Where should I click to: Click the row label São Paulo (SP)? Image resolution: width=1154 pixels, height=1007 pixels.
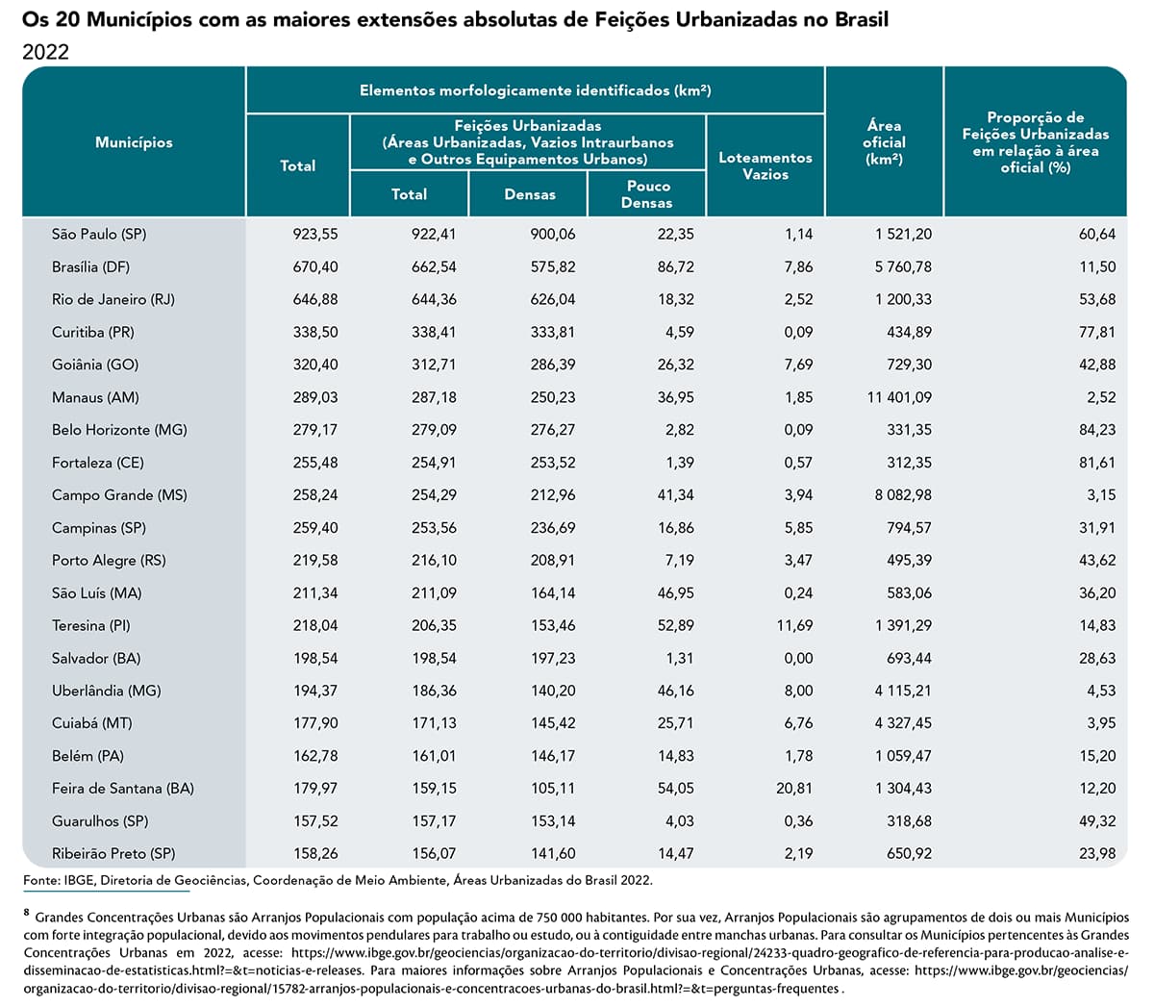(99, 234)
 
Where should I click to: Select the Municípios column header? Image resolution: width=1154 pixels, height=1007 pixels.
(134, 142)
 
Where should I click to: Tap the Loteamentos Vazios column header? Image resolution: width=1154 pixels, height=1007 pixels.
(765, 165)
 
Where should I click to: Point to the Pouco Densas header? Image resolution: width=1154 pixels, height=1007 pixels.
(646, 194)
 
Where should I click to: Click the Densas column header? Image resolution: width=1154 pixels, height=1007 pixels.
(530, 194)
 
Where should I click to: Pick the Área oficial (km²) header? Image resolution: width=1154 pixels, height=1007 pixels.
(884, 142)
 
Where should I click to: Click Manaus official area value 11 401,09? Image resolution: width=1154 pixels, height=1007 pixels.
(899, 398)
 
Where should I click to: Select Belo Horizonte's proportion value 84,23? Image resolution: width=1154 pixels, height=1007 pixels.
(1097, 430)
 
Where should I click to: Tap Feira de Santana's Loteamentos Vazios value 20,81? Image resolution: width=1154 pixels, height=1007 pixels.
(794, 788)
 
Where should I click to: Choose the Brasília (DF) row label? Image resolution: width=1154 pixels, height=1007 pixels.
(90, 266)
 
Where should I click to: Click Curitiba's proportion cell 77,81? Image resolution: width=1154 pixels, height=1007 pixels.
(1097, 332)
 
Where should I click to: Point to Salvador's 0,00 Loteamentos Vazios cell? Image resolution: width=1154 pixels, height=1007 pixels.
(798, 658)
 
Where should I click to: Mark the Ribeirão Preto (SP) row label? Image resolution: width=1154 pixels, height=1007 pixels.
(113, 853)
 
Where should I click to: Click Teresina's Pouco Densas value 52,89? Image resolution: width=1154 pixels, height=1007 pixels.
(676, 625)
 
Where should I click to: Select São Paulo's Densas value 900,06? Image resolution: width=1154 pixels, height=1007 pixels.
(553, 234)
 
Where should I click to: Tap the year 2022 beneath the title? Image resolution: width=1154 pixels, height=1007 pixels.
(46, 52)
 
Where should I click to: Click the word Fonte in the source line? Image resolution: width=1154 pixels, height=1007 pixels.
(41, 880)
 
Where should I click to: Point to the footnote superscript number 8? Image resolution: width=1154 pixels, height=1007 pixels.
(27, 912)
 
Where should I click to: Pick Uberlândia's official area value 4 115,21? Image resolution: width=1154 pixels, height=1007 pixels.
(903, 691)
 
